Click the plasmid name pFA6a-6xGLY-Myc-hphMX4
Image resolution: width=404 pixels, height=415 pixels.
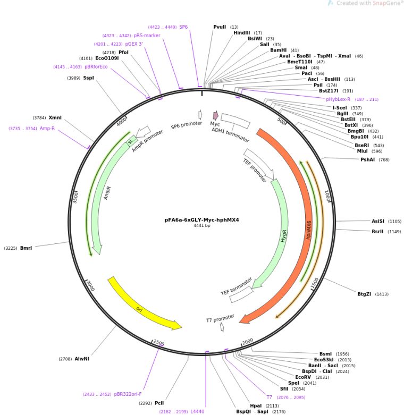click(201, 219)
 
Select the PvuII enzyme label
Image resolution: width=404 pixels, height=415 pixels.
click(220, 27)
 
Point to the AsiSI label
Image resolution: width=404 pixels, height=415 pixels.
click(378, 221)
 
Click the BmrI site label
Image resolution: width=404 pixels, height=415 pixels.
click(26, 248)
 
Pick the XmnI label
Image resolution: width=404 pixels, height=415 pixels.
click(55, 118)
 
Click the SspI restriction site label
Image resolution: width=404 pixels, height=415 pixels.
click(88, 78)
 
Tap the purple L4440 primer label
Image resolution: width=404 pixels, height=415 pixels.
click(197, 411)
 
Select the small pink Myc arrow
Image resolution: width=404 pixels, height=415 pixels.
click(215, 115)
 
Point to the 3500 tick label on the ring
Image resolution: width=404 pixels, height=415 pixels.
click(75, 197)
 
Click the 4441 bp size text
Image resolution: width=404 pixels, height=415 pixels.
click(201, 225)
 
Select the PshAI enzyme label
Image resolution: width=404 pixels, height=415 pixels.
click(368, 159)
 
